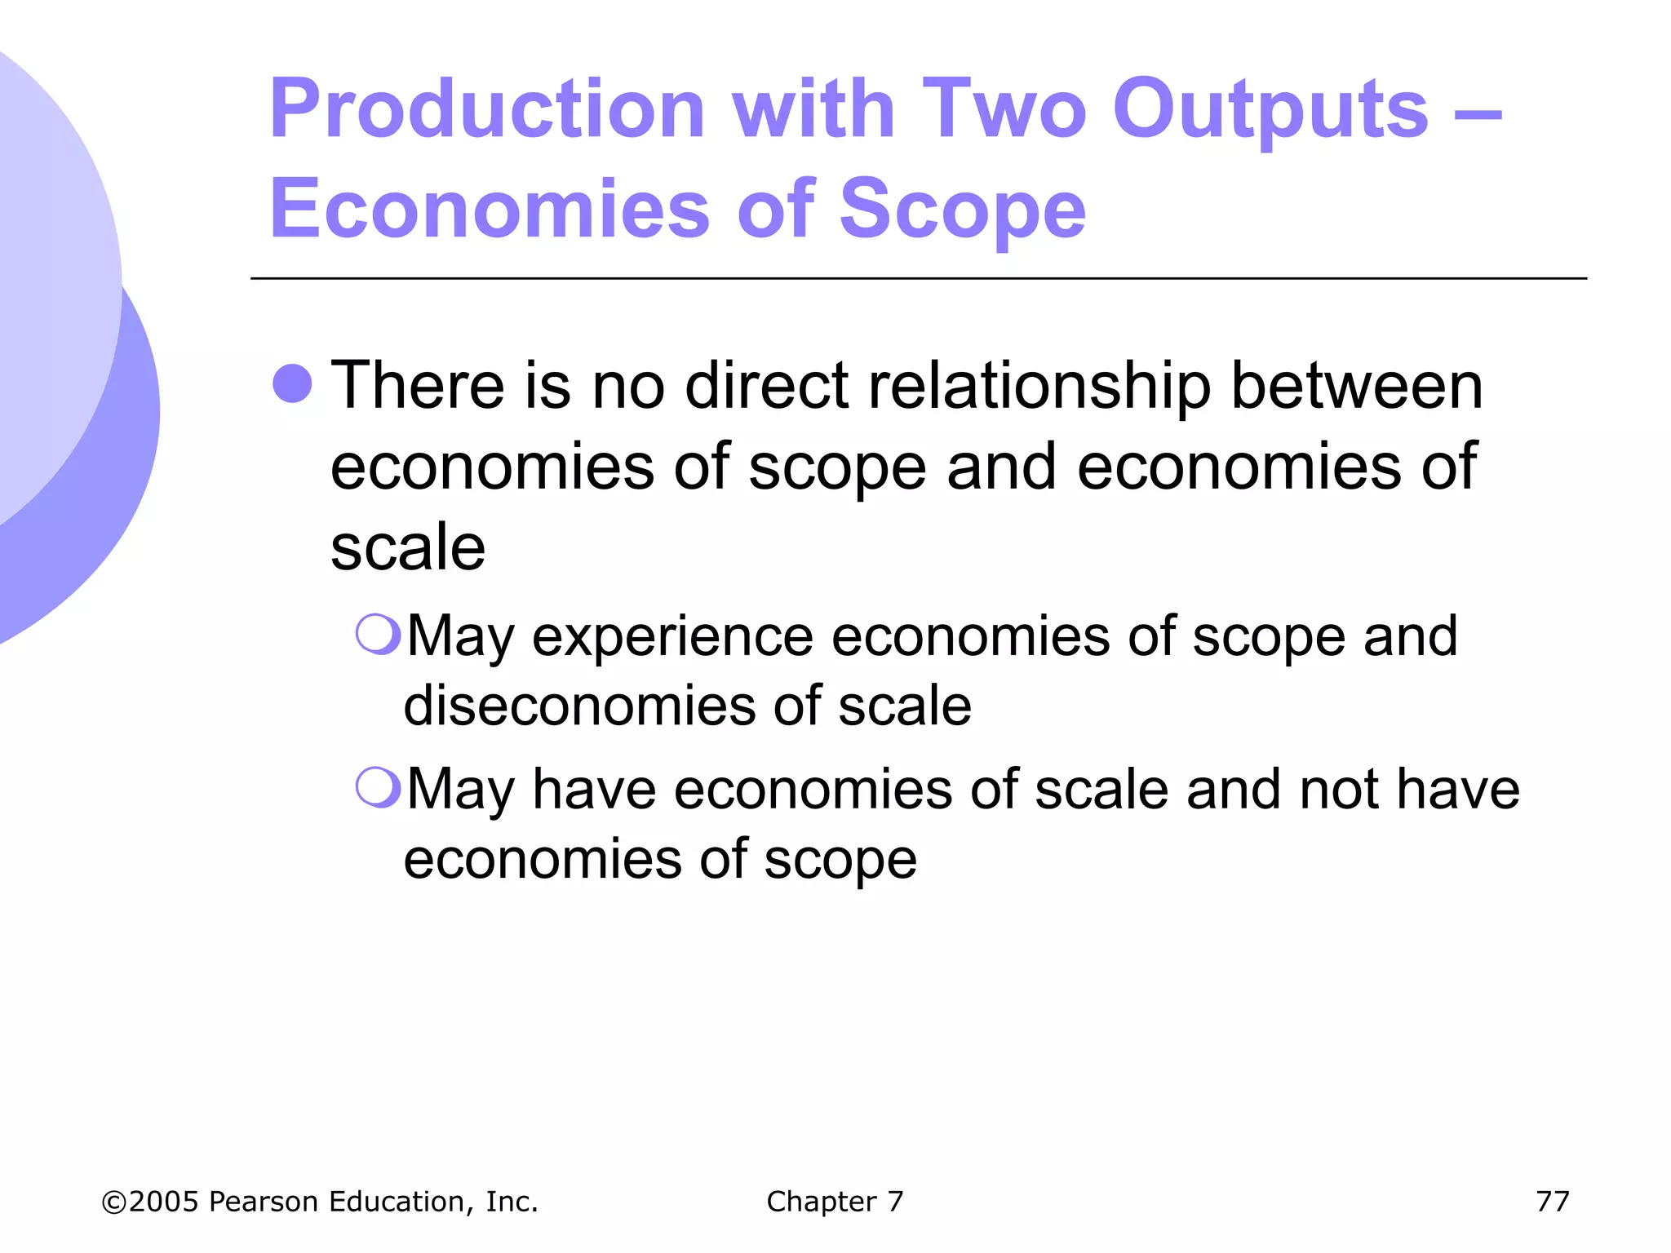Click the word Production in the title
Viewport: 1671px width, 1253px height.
(487, 110)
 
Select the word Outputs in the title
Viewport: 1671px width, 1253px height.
(1270, 110)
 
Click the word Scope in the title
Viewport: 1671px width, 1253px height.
(963, 210)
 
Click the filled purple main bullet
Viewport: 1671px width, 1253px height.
(292, 383)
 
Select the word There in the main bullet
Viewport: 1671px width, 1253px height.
(417, 385)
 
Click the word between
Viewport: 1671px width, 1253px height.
(1357, 385)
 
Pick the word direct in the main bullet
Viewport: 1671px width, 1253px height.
(768, 385)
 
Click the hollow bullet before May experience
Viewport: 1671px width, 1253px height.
(379, 634)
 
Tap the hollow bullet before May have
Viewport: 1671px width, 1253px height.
(379, 787)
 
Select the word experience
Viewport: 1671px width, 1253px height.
(672, 636)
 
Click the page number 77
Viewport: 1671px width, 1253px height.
(1552, 1202)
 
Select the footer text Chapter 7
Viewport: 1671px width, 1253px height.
(835, 1202)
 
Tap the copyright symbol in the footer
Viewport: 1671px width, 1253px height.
(113, 1202)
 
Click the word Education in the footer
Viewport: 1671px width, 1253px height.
(399, 1202)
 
